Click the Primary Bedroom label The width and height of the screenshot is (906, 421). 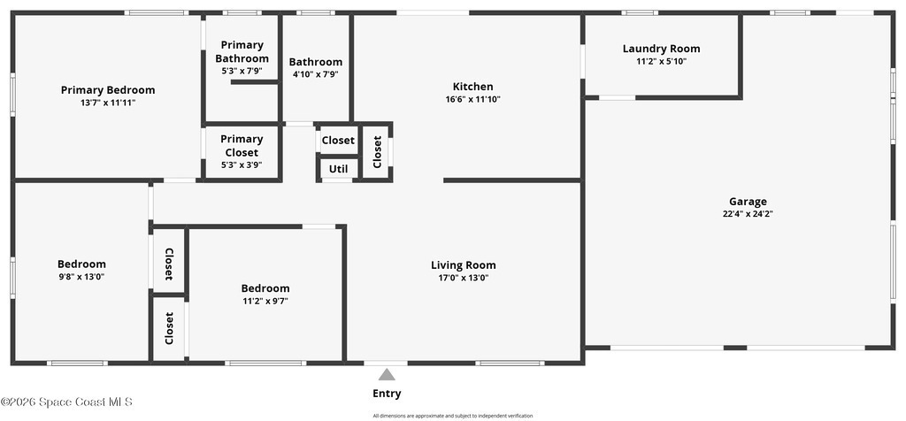[x=108, y=90]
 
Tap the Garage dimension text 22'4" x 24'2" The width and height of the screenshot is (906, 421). [x=748, y=214]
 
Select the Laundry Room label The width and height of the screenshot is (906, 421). [x=661, y=50]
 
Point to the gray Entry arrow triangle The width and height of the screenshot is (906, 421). [x=387, y=375]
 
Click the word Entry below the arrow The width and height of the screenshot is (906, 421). [x=387, y=394]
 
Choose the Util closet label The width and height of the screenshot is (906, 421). [x=339, y=169]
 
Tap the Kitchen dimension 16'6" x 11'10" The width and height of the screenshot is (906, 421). [x=472, y=99]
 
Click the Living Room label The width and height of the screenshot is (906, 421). [x=464, y=265]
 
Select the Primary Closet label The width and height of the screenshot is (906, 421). [x=242, y=146]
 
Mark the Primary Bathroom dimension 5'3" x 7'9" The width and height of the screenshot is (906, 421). [x=242, y=72]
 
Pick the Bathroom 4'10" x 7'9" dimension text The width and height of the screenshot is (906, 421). [x=316, y=74]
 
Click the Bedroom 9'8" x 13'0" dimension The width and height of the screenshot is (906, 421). [x=81, y=277]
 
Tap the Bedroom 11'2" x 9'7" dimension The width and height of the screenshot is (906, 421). [x=265, y=301]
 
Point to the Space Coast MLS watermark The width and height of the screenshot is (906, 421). [x=66, y=402]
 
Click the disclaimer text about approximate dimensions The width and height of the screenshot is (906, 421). [x=452, y=416]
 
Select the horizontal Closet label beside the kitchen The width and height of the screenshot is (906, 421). [x=339, y=141]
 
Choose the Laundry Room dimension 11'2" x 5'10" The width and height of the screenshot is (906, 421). [x=661, y=61]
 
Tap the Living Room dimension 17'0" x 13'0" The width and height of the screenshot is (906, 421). [x=464, y=278]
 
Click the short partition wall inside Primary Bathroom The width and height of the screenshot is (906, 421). [x=256, y=82]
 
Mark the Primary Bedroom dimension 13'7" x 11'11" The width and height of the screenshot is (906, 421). [x=108, y=103]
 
